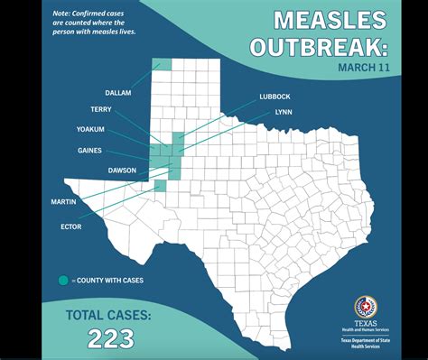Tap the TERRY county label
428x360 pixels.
101,109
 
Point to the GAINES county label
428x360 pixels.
89,151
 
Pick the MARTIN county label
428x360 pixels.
63,202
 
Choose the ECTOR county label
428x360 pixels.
70,226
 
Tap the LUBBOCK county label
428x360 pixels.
274,96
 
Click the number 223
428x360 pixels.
110,339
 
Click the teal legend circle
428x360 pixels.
63,281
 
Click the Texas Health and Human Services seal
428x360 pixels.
366,307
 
